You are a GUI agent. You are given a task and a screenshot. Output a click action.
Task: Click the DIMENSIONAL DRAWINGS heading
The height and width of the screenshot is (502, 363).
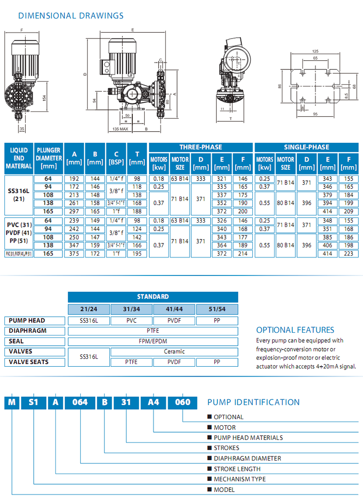pyautogui.click(x=70, y=16)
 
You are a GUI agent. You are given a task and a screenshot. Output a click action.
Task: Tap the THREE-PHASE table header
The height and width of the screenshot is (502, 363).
pyautogui.click(x=201, y=147)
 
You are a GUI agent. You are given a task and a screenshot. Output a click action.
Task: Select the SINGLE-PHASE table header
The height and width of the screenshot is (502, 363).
pyautogui.click(x=307, y=147)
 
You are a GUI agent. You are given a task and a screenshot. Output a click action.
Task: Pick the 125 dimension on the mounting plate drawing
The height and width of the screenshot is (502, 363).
pyautogui.click(x=315, y=51)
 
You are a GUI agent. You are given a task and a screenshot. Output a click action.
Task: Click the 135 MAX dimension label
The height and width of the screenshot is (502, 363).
pyautogui.click(x=118, y=129)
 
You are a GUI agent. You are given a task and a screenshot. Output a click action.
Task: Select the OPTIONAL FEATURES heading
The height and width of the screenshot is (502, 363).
pyautogui.click(x=295, y=330)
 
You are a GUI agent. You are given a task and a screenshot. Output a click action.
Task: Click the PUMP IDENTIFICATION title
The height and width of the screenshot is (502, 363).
pyautogui.click(x=253, y=402)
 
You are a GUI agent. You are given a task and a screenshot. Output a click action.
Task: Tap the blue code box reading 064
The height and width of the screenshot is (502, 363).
pyautogui.click(x=81, y=402)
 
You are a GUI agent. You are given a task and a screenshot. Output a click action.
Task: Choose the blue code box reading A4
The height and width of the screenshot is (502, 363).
pyautogui.click(x=153, y=402)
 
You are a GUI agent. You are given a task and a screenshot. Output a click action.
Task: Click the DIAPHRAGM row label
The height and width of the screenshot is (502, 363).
pyautogui.click(x=27, y=331)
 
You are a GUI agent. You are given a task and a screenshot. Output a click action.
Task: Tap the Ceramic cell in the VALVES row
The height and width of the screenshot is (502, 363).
pyautogui.click(x=174, y=352)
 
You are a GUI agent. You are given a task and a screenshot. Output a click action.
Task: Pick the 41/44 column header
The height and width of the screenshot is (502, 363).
pyautogui.click(x=174, y=309)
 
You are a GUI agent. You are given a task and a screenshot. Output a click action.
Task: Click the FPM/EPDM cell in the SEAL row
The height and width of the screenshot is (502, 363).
pyautogui.click(x=153, y=341)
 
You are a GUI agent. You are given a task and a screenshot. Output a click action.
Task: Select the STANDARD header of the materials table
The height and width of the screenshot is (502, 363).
pyautogui.click(x=153, y=296)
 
